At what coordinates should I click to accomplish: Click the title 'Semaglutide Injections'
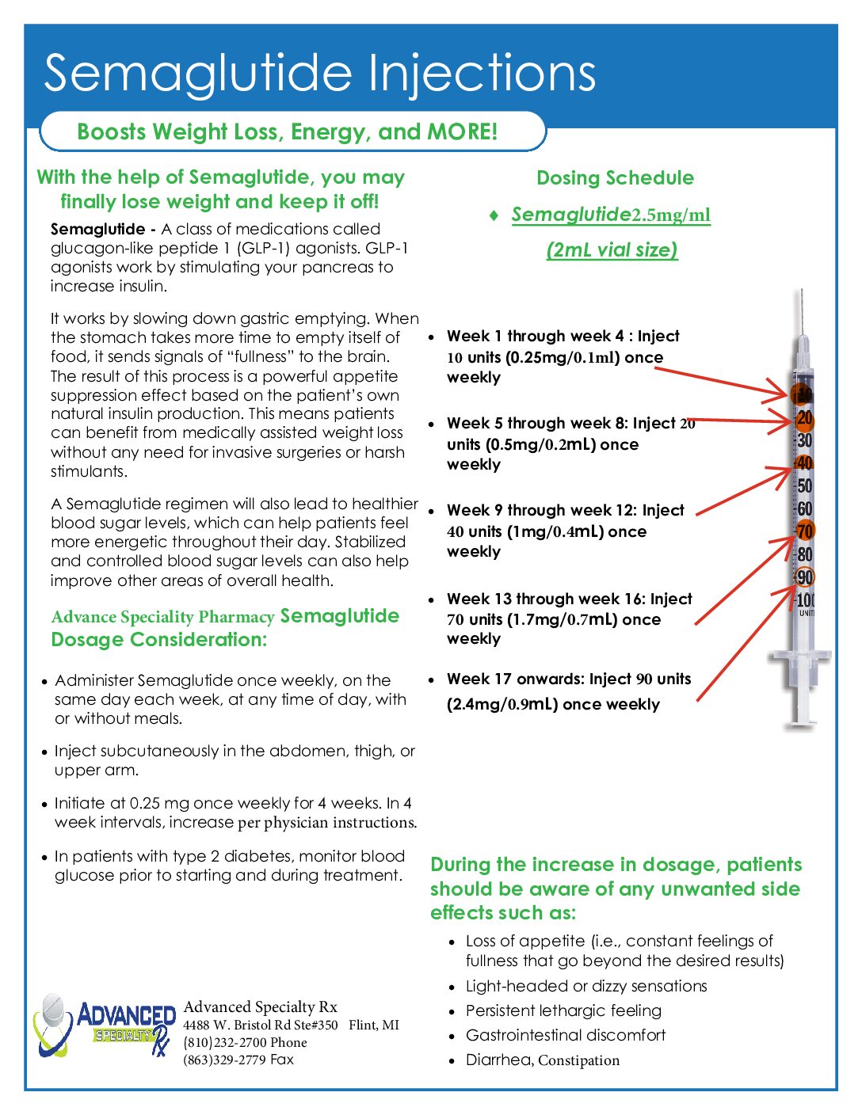click(x=319, y=73)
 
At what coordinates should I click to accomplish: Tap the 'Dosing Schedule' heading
click(x=615, y=178)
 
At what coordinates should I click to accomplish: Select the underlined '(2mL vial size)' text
click(x=612, y=250)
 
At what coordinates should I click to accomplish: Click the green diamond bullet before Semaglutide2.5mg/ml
click(x=494, y=215)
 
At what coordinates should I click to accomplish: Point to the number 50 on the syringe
click(x=804, y=486)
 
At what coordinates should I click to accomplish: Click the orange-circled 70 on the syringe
click(x=804, y=531)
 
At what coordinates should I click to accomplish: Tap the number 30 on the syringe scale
click(x=804, y=441)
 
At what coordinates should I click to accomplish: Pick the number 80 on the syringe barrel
click(x=804, y=554)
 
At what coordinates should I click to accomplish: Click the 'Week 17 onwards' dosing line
click(x=568, y=679)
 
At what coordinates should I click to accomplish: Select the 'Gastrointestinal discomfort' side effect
click(x=566, y=1036)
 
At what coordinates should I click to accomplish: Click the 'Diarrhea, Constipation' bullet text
click(x=543, y=1060)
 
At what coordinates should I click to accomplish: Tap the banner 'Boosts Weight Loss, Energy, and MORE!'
click(x=288, y=131)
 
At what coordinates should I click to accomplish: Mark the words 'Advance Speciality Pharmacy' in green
click(x=162, y=617)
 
